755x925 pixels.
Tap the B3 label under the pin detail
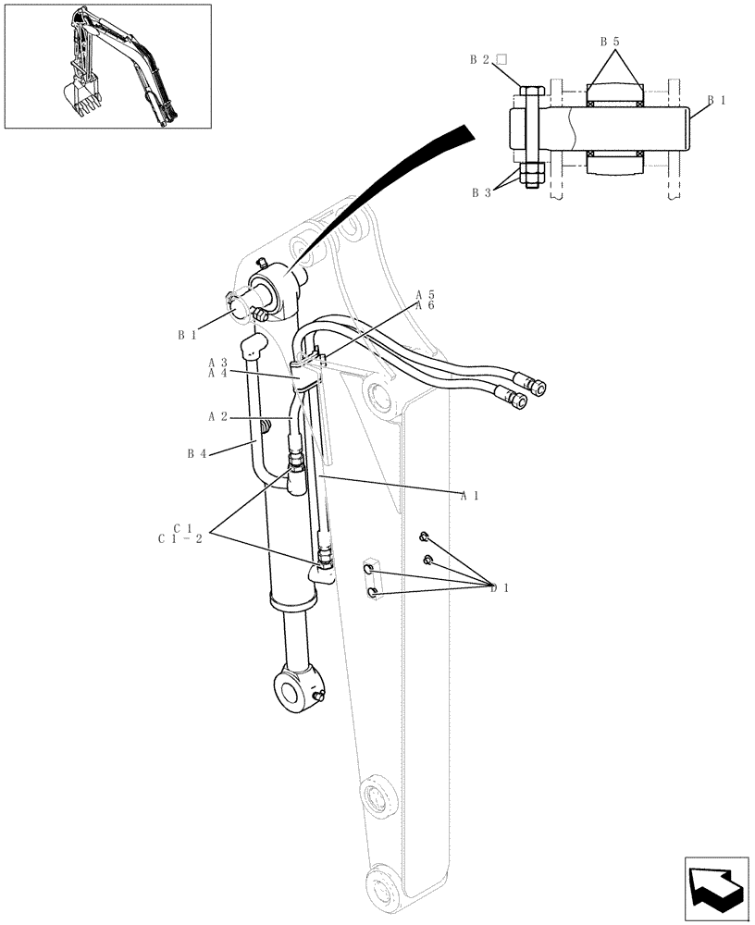pyautogui.click(x=481, y=193)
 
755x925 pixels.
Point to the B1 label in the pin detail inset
pyautogui.click(x=717, y=100)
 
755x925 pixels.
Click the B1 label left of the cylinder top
pyautogui.click(x=188, y=335)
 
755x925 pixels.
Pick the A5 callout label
pyautogui.click(x=425, y=295)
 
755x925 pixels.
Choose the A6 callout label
pyautogui.click(x=425, y=306)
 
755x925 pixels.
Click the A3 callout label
pyautogui.click(x=217, y=362)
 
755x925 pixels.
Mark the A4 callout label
pyautogui.click(x=217, y=373)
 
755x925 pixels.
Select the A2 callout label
pyautogui.click(x=217, y=417)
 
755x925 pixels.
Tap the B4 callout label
pyautogui.click(x=196, y=453)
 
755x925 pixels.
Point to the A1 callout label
pyautogui.click(x=469, y=495)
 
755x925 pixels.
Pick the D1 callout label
pyautogui.click(x=500, y=587)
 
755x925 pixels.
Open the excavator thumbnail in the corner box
pyautogui.click(x=107, y=66)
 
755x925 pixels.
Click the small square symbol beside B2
pyautogui.click(x=501, y=60)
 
